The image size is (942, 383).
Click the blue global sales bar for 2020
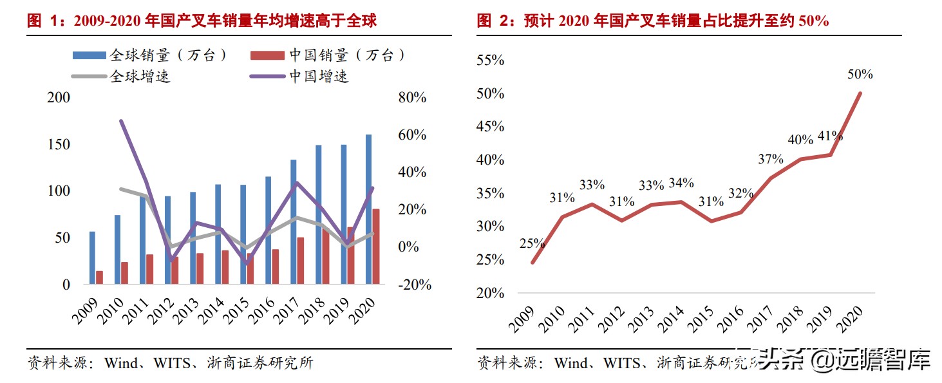[x=369, y=209]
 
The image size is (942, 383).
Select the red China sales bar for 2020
[x=376, y=246]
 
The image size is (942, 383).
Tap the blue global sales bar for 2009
[x=92, y=257]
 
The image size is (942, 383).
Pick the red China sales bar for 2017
[x=300, y=260]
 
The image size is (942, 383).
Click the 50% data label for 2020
[x=860, y=74]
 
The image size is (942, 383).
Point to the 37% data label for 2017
[x=770, y=159]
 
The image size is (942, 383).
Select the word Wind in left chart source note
[x=120, y=363]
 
